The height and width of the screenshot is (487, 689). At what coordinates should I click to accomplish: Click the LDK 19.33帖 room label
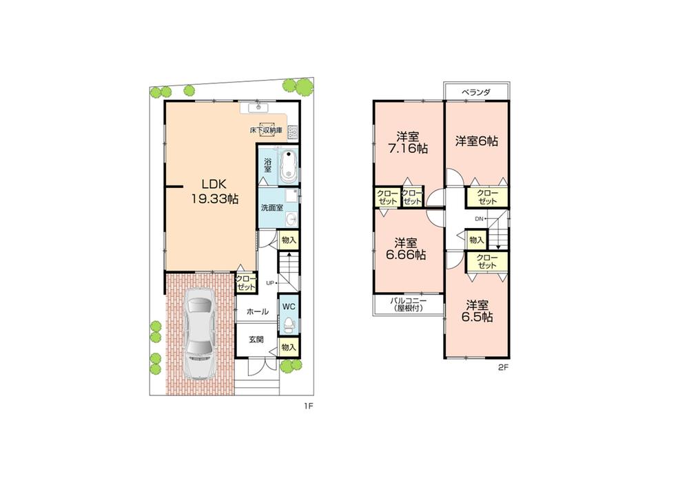[x=214, y=191]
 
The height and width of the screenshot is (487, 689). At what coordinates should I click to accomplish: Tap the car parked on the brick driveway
[x=200, y=334]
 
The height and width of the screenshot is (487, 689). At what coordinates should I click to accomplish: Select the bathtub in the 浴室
[x=286, y=165]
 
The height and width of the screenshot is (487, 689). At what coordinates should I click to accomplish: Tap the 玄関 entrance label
[x=256, y=340]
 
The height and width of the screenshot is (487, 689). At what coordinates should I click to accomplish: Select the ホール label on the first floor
[x=257, y=312]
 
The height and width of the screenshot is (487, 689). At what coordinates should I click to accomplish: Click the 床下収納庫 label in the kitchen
[x=265, y=129]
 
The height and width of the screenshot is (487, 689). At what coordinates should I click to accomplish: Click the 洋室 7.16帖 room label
[x=409, y=142]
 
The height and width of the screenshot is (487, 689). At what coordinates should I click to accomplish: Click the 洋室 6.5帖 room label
[x=477, y=311]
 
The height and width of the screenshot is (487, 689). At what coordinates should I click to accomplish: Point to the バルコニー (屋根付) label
[x=409, y=304]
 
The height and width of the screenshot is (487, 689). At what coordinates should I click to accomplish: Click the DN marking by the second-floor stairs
[x=480, y=219]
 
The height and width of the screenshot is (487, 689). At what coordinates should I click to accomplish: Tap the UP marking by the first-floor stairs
[x=269, y=283]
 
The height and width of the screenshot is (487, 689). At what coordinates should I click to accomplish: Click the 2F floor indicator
[x=502, y=367]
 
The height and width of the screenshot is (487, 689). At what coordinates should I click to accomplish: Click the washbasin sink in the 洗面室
[x=291, y=219]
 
